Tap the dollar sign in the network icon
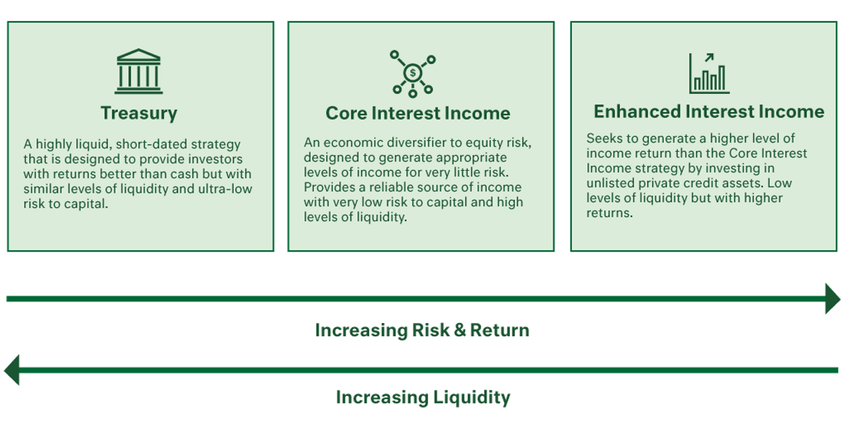point(413,73)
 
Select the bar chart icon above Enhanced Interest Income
point(709,73)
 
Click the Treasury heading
point(139,113)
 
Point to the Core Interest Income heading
point(418,113)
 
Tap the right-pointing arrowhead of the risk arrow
point(832,299)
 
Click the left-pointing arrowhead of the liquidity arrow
point(12,370)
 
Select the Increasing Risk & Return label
point(422,330)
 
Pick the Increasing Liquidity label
point(423,398)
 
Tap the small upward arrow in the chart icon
point(709,58)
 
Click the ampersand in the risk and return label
point(460,330)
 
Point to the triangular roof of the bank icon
point(139,54)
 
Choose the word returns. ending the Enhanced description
point(609,213)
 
